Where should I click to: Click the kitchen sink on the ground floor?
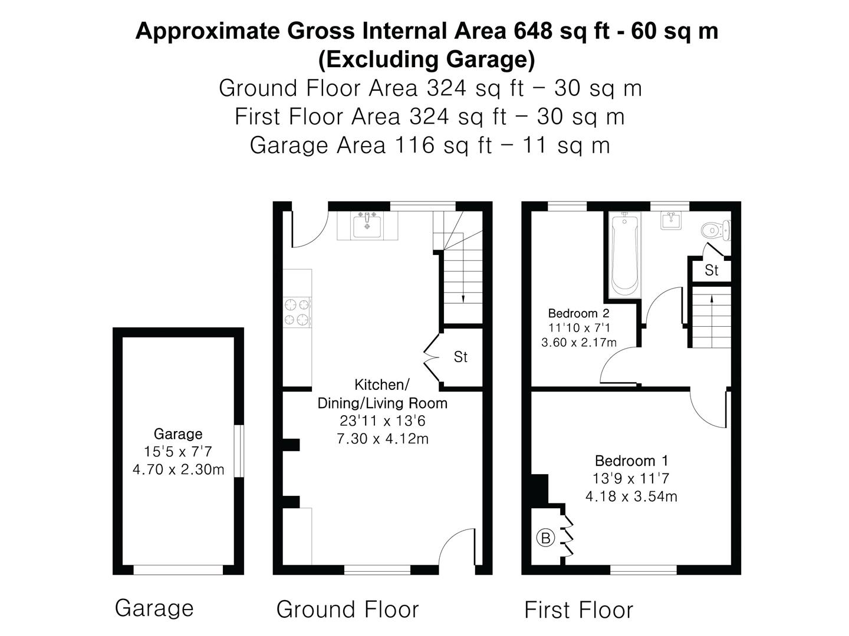(x=367, y=226)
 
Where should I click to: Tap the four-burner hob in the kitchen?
(x=297, y=312)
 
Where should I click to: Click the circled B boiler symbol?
(x=545, y=538)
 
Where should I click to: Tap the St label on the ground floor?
(x=460, y=357)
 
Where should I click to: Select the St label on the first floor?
(x=712, y=270)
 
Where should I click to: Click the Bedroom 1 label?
(x=631, y=461)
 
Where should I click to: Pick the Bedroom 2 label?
(x=578, y=313)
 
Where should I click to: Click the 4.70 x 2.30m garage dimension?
(x=178, y=470)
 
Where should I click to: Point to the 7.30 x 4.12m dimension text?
(x=382, y=439)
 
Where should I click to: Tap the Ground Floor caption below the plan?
(x=347, y=609)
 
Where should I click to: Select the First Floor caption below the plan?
(x=578, y=610)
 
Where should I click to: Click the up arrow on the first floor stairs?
(x=712, y=299)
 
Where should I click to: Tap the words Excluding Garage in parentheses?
(x=427, y=59)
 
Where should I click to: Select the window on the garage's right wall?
(x=238, y=451)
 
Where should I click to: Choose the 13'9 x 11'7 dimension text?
(x=631, y=479)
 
